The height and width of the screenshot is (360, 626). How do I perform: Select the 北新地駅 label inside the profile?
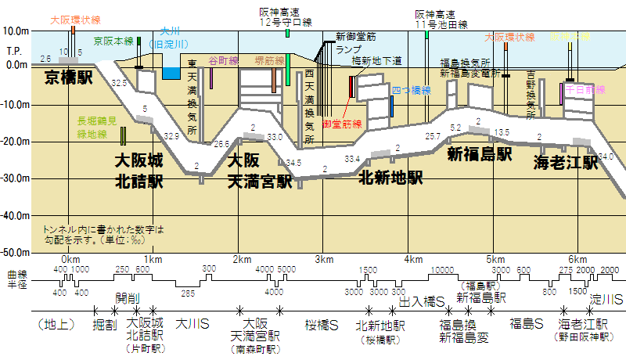tap(390, 178)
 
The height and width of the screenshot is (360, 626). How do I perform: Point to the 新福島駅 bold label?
tap(479, 153)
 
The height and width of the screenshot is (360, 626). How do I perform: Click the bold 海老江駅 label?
tap(566, 163)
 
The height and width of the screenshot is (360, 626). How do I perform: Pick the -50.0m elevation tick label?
tap(16, 253)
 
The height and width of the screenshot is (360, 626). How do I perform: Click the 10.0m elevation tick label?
tap(17, 31)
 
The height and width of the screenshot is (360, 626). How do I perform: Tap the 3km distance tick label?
tap(324, 260)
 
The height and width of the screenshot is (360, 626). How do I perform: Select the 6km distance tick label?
tap(577, 260)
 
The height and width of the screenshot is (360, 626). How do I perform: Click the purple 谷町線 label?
tap(221, 59)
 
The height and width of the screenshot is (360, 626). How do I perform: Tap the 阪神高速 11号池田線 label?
tap(441, 20)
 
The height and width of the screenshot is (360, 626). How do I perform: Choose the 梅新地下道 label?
tap(376, 60)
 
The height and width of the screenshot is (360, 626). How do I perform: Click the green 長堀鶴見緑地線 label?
tap(98, 128)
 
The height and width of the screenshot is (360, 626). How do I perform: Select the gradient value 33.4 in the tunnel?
tap(352, 159)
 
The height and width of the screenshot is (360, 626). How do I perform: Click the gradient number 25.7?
tap(433, 135)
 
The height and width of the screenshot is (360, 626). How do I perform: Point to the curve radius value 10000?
tap(442, 269)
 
